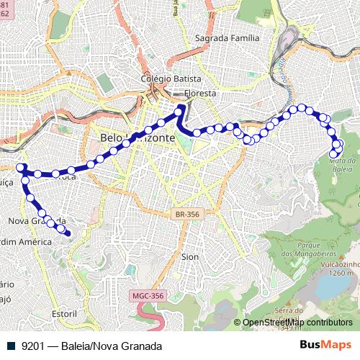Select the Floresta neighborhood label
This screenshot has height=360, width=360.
(x=200, y=94)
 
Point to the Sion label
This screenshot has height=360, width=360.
(x=190, y=256)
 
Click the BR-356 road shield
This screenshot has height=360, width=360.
(x=187, y=215)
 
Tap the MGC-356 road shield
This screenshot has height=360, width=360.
(x=149, y=296)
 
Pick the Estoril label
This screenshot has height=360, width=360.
(x=64, y=314)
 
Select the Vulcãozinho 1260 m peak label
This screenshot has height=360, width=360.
(x=330, y=269)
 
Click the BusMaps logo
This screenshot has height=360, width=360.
(x=325, y=345)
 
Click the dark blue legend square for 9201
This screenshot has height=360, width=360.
(x=10, y=346)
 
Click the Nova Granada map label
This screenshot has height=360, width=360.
(x=37, y=220)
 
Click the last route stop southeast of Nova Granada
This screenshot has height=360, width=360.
(x=68, y=232)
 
